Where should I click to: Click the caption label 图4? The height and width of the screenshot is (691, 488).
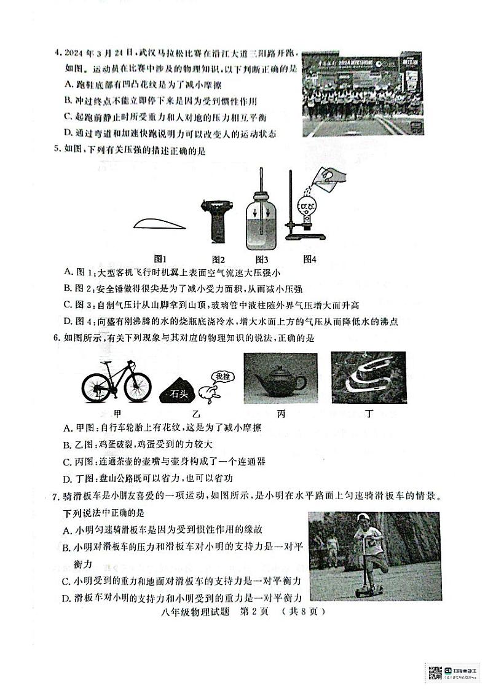[309, 259]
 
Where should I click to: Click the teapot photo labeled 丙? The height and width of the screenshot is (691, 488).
[280, 377]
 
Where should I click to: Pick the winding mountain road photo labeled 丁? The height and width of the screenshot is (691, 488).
[368, 378]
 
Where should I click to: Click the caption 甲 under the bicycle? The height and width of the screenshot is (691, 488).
[116, 414]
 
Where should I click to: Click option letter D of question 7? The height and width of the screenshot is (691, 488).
[68, 597]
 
